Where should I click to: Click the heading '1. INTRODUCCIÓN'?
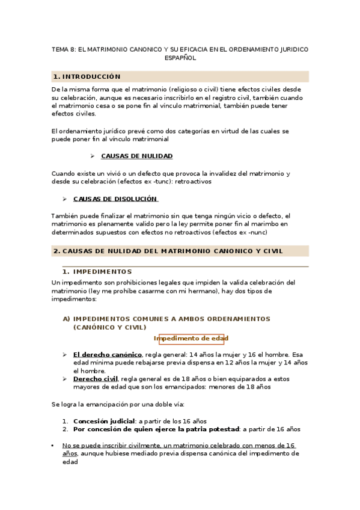[x=87, y=77]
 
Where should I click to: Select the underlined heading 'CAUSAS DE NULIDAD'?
[x=137, y=156]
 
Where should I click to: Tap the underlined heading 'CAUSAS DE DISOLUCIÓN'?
[x=115, y=198]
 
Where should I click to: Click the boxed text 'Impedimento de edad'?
[x=191, y=339]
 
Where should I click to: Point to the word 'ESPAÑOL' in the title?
[x=180, y=59]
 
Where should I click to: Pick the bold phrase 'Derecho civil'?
[x=95, y=379]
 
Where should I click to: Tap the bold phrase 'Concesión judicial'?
[x=103, y=421]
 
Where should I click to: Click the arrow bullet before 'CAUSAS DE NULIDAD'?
[x=93, y=156]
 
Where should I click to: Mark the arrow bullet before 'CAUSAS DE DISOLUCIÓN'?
[x=65, y=198]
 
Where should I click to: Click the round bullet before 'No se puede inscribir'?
[x=53, y=446]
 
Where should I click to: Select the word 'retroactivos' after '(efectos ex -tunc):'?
[x=192, y=182]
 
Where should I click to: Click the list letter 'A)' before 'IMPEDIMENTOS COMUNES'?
[x=67, y=319]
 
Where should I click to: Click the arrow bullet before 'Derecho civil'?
[x=65, y=379]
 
